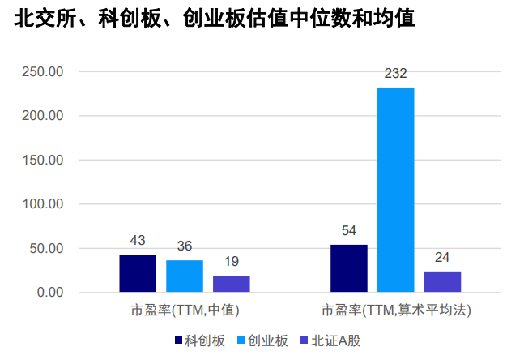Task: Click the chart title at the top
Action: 215,19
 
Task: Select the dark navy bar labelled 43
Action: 138,273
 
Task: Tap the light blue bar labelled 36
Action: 185,276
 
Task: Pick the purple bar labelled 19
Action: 232,284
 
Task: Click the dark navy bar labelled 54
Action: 349,268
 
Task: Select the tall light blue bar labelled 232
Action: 395,190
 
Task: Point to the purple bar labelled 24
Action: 442,281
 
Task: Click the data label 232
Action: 395,75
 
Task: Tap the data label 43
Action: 138,241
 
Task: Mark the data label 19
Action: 232,262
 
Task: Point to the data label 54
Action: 349,231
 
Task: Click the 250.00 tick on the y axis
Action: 42,72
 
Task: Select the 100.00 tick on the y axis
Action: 42,204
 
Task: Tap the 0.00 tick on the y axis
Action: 49,292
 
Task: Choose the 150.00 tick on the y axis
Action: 42,161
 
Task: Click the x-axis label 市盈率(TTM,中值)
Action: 185,310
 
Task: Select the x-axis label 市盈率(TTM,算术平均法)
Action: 396,310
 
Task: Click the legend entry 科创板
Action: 199,340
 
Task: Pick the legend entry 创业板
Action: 262,340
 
